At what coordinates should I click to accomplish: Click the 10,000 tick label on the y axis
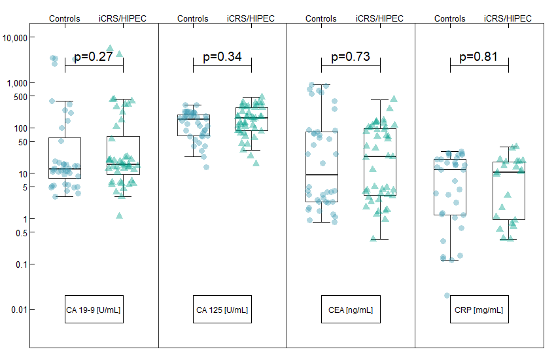tap(14, 38)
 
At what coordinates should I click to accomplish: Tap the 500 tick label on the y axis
tap(20, 97)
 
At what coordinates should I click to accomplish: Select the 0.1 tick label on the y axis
tap(20, 264)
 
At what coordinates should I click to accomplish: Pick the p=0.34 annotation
tap(222, 57)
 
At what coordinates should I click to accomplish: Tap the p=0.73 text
tap(351, 57)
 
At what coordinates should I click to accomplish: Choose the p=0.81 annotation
tap(479, 57)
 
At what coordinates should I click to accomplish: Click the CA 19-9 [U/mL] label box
tap(94, 310)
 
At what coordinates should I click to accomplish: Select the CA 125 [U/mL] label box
tap(222, 310)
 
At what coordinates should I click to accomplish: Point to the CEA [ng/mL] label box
tap(351, 310)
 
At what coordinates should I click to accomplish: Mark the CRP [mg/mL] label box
tap(479, 310)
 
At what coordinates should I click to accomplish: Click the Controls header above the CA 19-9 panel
tap(65, 19)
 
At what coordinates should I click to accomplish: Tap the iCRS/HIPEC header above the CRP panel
tap(508, 19)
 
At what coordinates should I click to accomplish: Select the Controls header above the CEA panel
tap(321, 19)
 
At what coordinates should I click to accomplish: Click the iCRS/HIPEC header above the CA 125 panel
tap(251, 19)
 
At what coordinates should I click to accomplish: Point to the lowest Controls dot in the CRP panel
tap(448, 296)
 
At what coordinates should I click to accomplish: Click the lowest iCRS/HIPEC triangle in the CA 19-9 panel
tap(120, 215)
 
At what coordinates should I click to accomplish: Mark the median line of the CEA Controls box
tap(321, 175)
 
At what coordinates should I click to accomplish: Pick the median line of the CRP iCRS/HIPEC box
tap(508, 171)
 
